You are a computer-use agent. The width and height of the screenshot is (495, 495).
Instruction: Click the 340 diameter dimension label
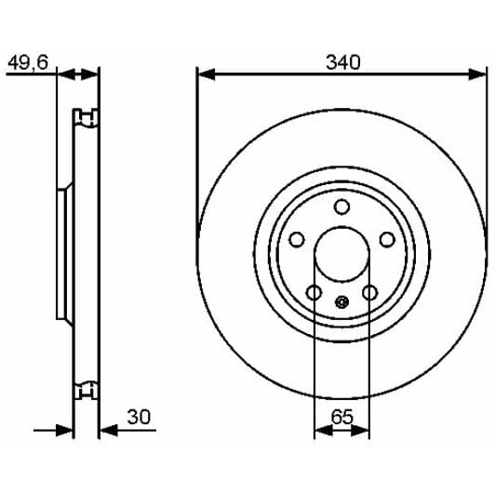[342, 62]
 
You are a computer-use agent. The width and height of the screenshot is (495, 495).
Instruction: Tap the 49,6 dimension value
[28, 62]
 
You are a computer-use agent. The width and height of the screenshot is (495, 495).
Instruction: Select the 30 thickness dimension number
[139, 417]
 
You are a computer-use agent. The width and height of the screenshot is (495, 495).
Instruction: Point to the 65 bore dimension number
[341, 417]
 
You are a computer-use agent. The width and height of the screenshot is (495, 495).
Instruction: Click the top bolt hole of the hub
[341, 207]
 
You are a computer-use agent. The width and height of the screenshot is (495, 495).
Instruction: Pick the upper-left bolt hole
[297, 239]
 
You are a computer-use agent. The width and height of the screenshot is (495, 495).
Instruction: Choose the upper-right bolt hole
[387, 239]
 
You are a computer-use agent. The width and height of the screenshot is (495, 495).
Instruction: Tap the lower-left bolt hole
[314, 292]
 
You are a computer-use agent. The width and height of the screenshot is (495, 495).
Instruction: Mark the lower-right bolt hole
[369, 292]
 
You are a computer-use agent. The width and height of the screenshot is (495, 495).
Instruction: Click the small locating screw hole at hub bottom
[341, 302]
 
